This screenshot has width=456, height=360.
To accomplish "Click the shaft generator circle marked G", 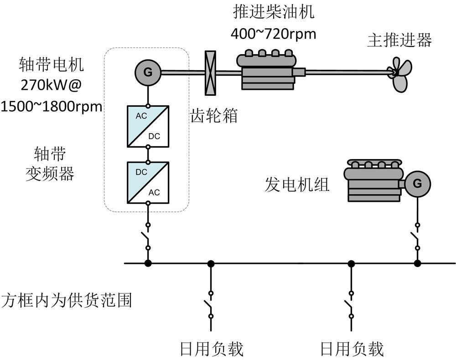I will [148, 72].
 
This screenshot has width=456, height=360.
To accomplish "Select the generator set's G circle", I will [417, 183].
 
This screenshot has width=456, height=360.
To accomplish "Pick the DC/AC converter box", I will [148, 182].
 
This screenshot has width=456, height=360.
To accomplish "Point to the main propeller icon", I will [399, 73].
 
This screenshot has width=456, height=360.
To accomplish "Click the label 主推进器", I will [399, 40].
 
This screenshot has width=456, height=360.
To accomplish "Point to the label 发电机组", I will [297, 184].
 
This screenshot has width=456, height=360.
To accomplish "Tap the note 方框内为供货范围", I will [67, 301].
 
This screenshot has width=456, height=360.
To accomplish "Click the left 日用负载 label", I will [212, 349].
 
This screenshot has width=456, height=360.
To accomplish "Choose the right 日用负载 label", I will [352, 349].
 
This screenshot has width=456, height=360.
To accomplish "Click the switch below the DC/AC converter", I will [148, 237].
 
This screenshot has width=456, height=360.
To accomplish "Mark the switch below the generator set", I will [417, 237].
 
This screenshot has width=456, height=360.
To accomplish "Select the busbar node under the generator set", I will [417, 263].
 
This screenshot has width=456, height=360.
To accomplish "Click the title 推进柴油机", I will [274, 12].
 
